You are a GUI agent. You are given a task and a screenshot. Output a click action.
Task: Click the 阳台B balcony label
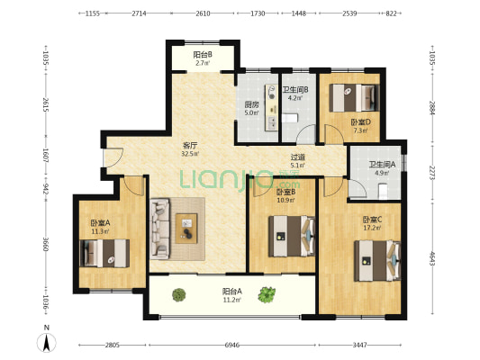(x=203, y=55)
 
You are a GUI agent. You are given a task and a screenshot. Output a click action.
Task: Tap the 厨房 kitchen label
(x=251, y=104)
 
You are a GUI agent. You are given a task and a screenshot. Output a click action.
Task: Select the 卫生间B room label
(x=295, y=90)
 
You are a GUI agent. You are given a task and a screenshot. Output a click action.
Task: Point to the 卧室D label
(x=360, y=122)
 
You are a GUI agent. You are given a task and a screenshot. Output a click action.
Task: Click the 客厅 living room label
(x=190, y=145)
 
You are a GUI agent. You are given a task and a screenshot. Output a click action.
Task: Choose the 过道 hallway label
(x=297, y=157)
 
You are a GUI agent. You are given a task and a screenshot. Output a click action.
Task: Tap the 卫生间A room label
(x=382, y=165)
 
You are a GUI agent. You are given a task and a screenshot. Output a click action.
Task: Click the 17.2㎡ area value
(x=372, y=228)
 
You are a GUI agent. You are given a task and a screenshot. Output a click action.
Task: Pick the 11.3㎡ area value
(x=100, y=231)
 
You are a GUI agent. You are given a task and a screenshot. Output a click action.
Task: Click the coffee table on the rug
(x=186, y=229)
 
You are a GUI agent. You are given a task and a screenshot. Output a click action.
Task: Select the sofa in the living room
(x=159, y=229)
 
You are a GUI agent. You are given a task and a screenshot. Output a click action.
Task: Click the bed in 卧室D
(x=354, y=98)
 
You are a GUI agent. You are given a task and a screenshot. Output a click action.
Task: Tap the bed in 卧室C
(x=377, y=261)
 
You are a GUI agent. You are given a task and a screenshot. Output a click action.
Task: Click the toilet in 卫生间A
(x=383, y=191)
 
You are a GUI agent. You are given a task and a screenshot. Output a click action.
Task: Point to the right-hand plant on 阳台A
(x=267, y=294)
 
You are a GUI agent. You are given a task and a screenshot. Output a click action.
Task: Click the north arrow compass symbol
(x=47, y=343)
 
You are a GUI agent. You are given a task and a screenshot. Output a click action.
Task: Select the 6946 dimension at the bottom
(x=231, y=345)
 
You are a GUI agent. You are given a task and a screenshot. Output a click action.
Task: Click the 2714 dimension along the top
(x=139, y=13)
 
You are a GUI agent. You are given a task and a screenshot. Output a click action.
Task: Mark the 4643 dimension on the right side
(x=432, y=258)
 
